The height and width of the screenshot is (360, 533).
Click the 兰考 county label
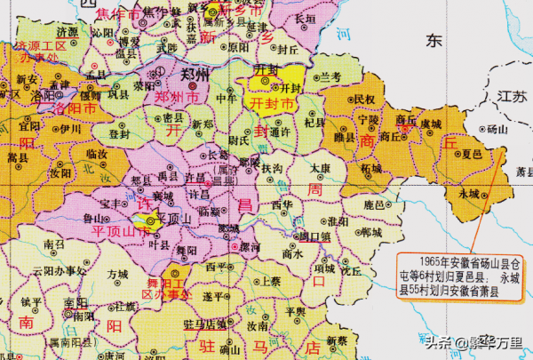point(331,78)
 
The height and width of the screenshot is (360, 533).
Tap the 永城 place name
point(469,193)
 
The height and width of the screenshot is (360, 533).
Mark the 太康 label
point(322,166)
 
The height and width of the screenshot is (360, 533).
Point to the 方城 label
point(118,276)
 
